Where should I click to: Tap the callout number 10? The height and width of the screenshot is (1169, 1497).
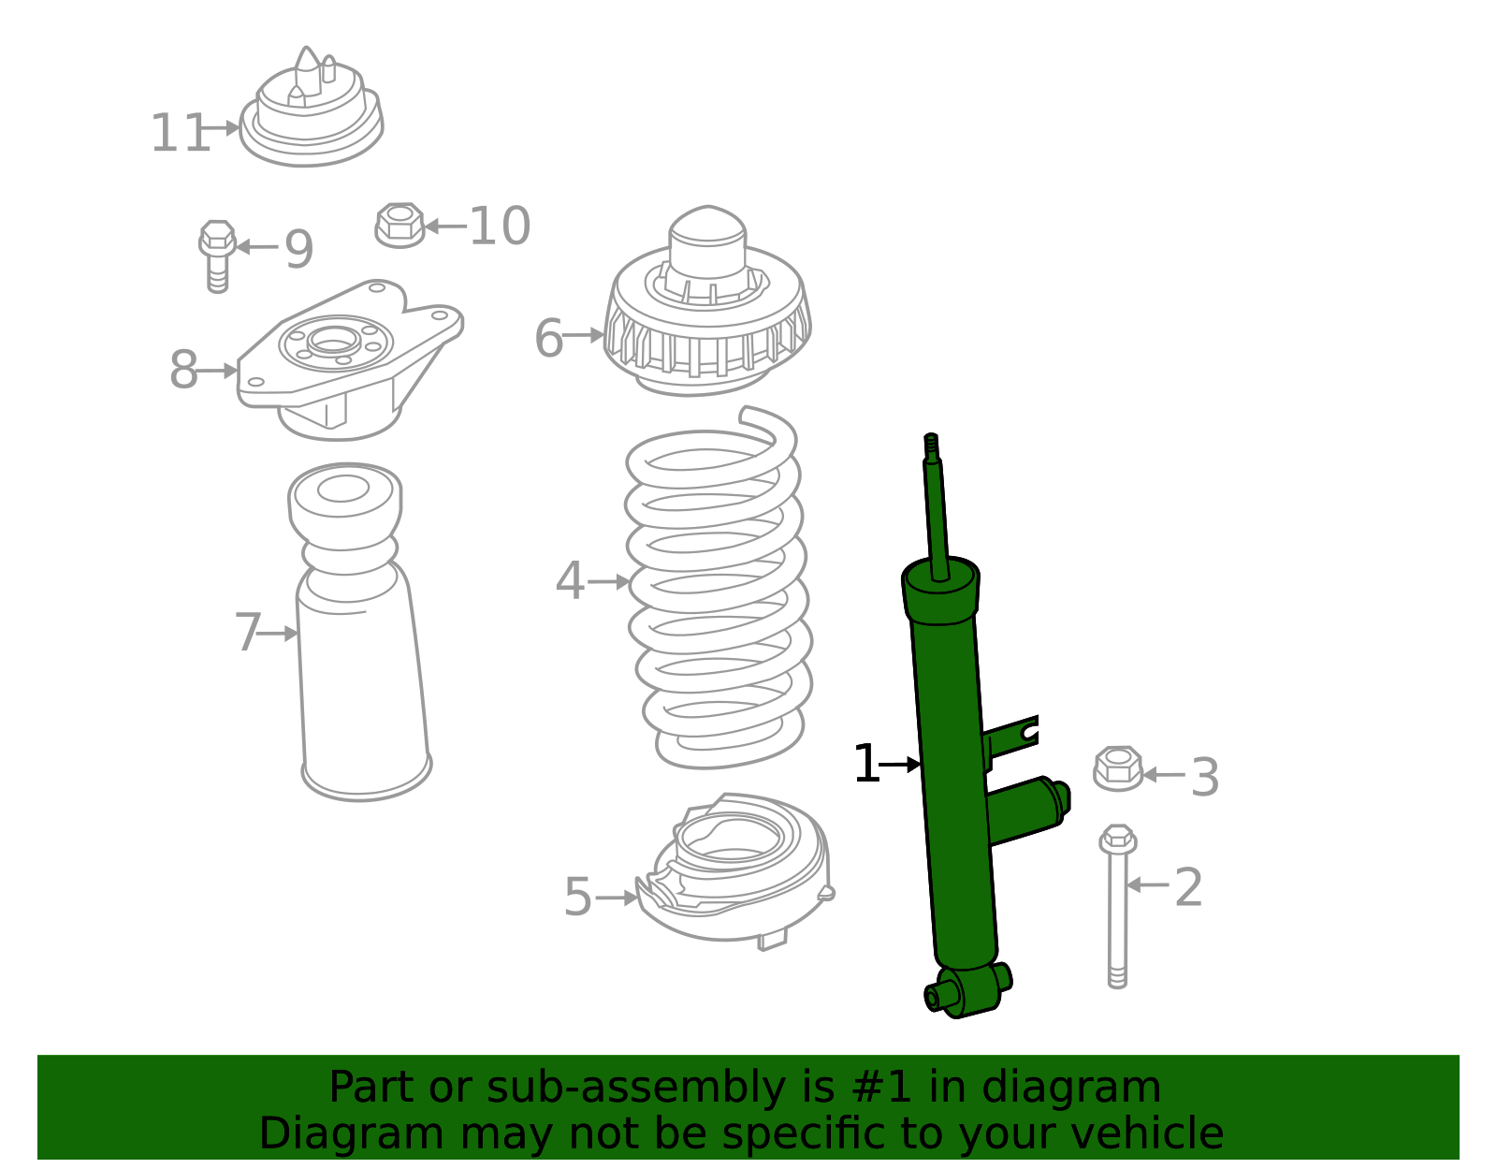[x=499, y=226]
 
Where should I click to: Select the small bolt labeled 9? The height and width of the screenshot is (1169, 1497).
[x=217, y=255]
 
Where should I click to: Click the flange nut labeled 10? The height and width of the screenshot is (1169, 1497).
[x=400, y=225]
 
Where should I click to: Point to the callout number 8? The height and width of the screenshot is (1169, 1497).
[x=183, y=371]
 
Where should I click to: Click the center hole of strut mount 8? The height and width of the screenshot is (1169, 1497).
[x=333, y=342]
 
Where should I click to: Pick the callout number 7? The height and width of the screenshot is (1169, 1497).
[x=247, y=634]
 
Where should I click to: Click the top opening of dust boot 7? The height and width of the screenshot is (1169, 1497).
[x=343, y=489]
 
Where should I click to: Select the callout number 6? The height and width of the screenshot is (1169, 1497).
[x=548, y=338]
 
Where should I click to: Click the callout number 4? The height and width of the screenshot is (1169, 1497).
[x=569, y=581]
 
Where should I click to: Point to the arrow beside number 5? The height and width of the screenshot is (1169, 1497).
[x=617, y=898]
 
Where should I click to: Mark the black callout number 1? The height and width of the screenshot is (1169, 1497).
[x=865, y=765]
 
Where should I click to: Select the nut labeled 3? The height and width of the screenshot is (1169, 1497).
[x=1118, y=768]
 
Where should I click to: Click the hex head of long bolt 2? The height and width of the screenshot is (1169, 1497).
[x=1118, y=839]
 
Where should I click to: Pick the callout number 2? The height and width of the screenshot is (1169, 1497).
[x=1187, y=886]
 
